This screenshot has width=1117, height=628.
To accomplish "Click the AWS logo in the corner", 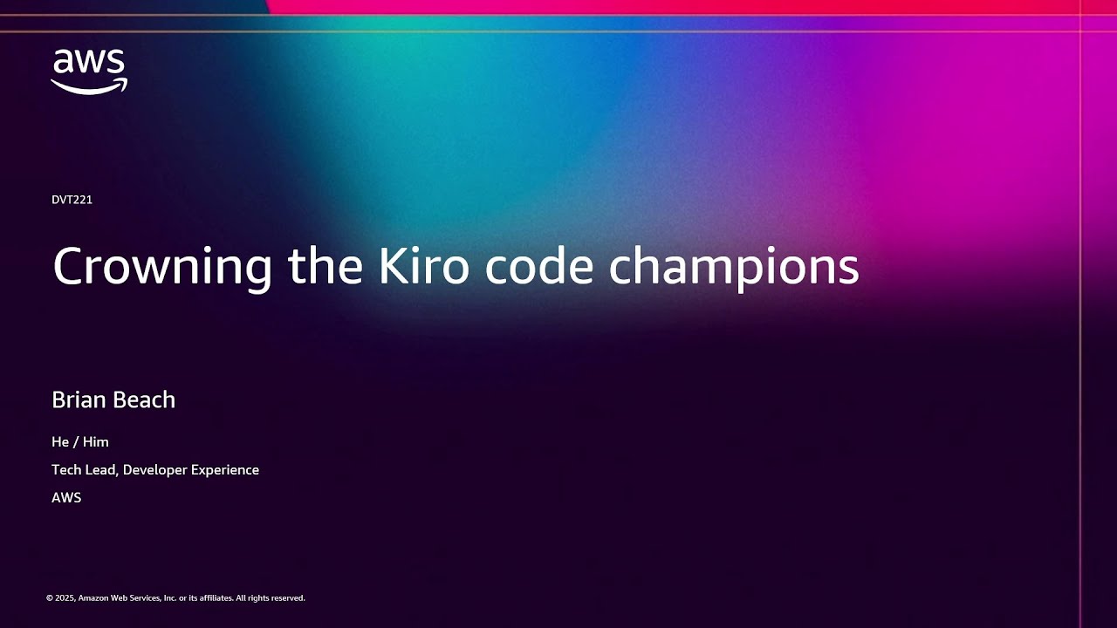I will click(x=89, y=72).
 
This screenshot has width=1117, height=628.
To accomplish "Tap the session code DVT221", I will click(x=72, y=200).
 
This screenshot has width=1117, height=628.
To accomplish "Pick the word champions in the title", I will click(x=734, y=267).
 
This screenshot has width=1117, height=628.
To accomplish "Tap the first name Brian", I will click(x=78, y=399).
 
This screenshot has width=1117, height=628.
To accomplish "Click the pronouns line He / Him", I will click(x=80, y=442).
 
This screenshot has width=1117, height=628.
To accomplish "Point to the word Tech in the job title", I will click(x=66, y=470).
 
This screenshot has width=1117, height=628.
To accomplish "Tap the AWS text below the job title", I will click(x=66, y=498).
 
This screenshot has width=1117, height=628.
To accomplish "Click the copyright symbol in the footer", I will click(x=49, y=598).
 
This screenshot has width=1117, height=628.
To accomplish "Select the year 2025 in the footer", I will click(x=64, y=598).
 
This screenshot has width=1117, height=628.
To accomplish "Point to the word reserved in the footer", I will click(x=288, y=598).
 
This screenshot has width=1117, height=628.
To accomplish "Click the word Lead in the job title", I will click(x=102, y=470).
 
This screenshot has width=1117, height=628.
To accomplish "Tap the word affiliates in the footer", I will click(x=215, y=598).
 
